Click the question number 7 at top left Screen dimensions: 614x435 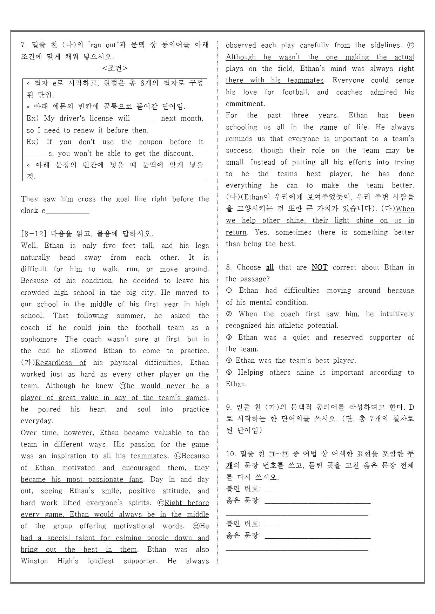[24, 45]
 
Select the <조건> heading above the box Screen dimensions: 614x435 [115, 68]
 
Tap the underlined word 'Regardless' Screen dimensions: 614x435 [53, 363]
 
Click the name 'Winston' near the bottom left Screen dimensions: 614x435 [34, 561]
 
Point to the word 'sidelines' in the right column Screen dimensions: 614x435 [385, 45]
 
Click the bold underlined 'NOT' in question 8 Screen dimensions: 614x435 [319, 267]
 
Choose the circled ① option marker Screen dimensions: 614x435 [229, 291]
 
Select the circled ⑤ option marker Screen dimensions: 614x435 [229, 373]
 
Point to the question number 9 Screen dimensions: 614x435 [229, 407]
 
